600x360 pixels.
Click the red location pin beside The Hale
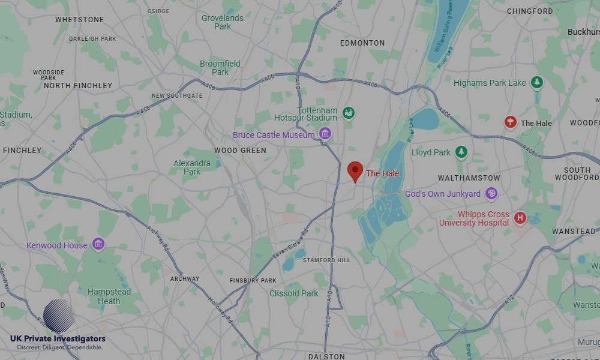(355, 171)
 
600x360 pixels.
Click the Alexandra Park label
(192, 167)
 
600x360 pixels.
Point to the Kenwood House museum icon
(98, 244)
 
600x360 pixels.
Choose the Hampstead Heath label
(109, 296)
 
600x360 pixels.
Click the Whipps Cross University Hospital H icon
(520, 218)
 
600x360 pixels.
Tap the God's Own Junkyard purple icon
(491, 193)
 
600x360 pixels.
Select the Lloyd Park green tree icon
(461, 152)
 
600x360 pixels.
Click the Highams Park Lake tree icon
(537, 83)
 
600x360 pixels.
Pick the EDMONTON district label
(362, 43)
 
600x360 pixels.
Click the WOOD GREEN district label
(240, 151)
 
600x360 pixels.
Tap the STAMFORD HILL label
(326, 260)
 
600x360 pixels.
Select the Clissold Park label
(294, 293)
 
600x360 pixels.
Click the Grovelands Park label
(223, 22)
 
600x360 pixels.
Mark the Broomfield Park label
(220, 68)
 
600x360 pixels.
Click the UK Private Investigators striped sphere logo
(59, 316)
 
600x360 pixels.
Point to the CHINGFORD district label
(530, 11)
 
